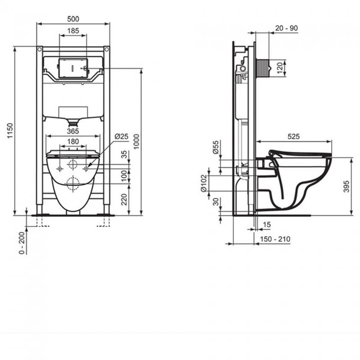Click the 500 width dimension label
coord(73,19)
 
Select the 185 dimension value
coord(73,31)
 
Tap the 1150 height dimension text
coord(10,130)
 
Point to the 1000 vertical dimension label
coord(136,142)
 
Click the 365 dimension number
coord(73,131)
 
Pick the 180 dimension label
coord(73,141)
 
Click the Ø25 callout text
coord(121,136)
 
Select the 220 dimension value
coord(124,199)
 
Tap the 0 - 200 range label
coord(22,243)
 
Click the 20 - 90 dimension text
coord(286,28)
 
